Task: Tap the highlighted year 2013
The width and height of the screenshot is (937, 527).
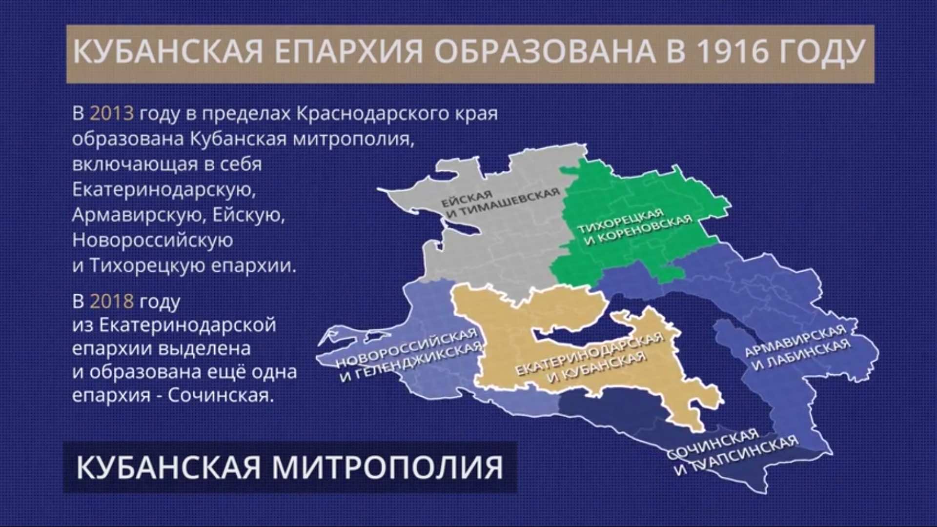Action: [112, 113]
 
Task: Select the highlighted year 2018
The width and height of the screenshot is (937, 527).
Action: [112, 301]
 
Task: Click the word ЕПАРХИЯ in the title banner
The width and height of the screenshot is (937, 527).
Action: [348, 52]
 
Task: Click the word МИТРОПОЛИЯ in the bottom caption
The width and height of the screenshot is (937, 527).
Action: [387, 467]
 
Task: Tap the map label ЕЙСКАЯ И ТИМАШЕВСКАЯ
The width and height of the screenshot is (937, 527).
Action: [500, 202]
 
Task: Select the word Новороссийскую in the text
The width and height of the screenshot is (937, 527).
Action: [153, 241]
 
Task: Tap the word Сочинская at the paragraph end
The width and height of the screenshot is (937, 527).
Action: [220, 395]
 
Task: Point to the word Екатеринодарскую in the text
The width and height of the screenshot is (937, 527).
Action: [164, 190]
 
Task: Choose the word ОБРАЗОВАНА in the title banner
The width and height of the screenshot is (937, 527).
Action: [545, 52]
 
